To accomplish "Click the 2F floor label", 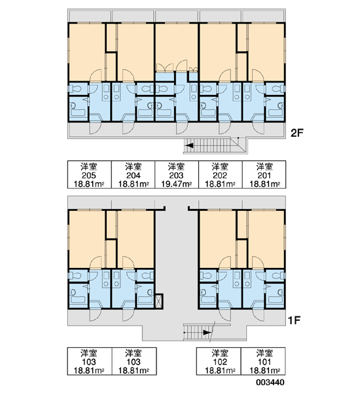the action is coord(297,133).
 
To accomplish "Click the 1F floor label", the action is coord(294,320).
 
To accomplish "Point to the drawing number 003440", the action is coord(270,383).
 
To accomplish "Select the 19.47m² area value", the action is coord(176,184).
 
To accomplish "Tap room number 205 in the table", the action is coord(89,176).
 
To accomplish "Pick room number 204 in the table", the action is coord(134,176).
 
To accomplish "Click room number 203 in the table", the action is coord(176,176).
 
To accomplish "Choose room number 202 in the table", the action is coord(220,176).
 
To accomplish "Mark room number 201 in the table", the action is coord(264,176).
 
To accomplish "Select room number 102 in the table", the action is coord(220,362).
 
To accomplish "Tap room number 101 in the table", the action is coord(264,362).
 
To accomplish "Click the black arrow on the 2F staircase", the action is coord(189,145).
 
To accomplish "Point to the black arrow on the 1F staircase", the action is coord(207,333).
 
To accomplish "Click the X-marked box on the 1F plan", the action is coord(159,301).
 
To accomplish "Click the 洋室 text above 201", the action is coord(264,166).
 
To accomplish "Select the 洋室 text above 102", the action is coord(220,353).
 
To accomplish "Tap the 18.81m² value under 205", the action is coord(89,184).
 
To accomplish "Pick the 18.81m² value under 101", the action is coord(264,371).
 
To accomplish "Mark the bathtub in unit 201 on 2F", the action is coord(275,109).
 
